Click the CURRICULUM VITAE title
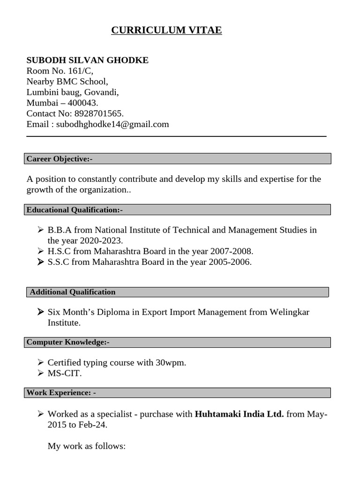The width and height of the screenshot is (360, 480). click(x=166, y=30)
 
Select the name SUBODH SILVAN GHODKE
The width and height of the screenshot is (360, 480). click(x=87, y=60)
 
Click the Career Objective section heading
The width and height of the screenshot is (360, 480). click(x=60, y=159)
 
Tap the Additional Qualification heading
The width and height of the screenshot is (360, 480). click(x=73, y=292)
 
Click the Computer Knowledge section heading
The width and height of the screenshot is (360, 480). click(x=68, y=342)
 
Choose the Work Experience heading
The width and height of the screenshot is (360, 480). click(x=61, y=393)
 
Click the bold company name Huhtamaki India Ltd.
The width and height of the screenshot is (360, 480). click(x=239, y=414)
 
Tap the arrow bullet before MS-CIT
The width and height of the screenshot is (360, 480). click(x=40, y=373)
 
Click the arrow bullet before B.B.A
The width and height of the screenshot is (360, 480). click(x=40, y=230)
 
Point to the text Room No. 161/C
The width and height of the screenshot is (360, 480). click(x=60, y=71)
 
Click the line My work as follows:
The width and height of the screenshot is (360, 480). click(x=87, y=446)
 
